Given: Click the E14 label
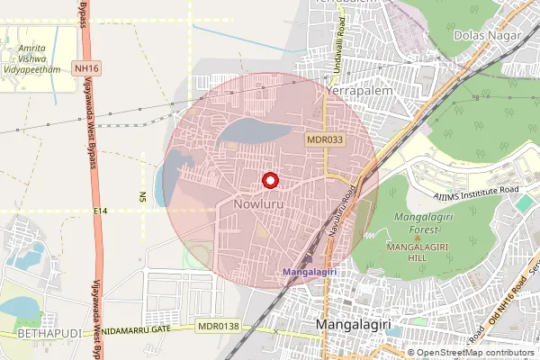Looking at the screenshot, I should pyautogui.click(x=100, y=211).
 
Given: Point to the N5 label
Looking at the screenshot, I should pyautogui.click(x=142, y=196).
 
